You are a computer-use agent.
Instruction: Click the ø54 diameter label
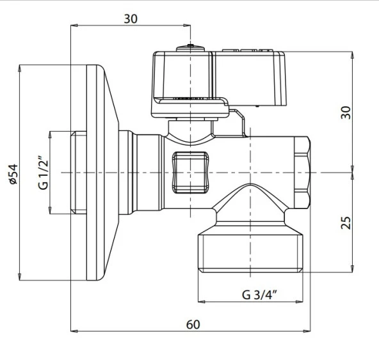[x=13, y=174]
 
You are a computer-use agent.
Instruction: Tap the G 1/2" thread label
[x=44, y=173]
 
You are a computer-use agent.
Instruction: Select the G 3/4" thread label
[x=259, y=295]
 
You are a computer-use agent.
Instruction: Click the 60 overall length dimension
[x=193, y=324]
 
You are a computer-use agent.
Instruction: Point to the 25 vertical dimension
[x=346, y=223]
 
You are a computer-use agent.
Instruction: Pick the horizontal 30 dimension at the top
[x=131, y=19]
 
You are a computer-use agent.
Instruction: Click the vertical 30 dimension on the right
[x=346, y=113]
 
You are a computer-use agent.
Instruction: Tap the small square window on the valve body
[x=190, y=173]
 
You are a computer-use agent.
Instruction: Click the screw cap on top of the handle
[x=190, y=48]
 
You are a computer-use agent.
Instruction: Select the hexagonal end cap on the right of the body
[x=302, y=173]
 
